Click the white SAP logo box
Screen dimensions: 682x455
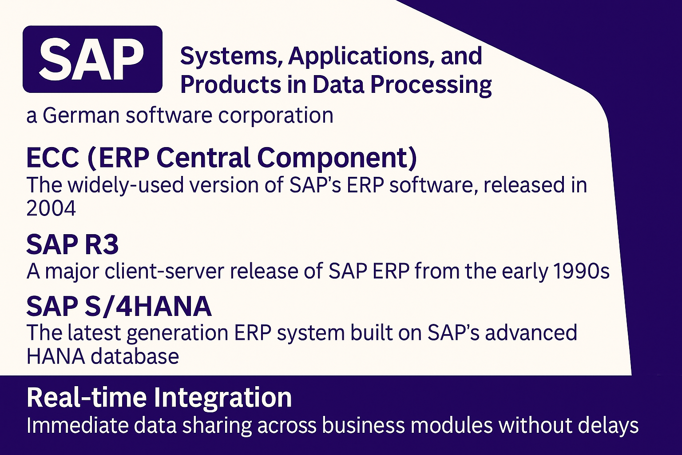[92, 59]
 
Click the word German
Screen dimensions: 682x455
[81, 115]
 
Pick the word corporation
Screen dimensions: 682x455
[276, 116]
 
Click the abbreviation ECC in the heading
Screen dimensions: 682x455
[53, 158]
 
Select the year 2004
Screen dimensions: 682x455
[51, 208]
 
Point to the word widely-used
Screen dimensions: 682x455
[126, 185]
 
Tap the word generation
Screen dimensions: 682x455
[178, 333]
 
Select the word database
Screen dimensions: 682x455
[135, 356]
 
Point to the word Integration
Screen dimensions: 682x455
[222, 398]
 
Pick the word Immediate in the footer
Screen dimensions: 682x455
[77, 425]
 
